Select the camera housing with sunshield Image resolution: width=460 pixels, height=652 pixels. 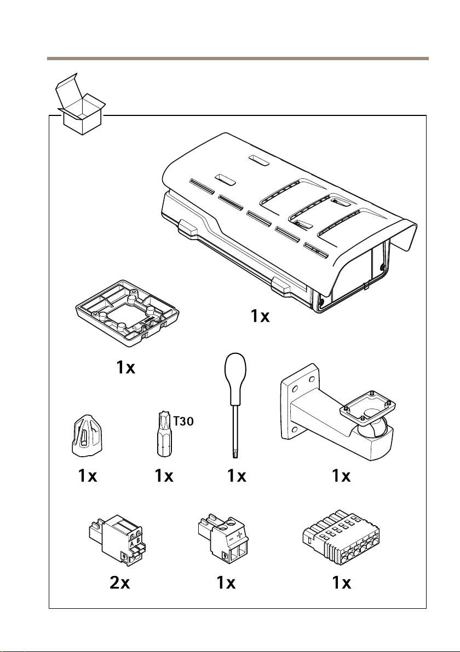coord(290,224)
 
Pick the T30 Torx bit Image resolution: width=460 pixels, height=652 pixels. coord(162,435)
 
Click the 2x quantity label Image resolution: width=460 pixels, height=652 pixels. coord(120,584)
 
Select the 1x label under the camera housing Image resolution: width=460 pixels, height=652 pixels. coord(260,316)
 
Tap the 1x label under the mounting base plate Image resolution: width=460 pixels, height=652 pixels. coord(125,369)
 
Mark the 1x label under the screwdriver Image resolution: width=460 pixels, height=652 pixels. coord(237,477)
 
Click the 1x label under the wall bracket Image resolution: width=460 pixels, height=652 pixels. coord(341,477)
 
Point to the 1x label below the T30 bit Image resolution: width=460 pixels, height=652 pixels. coord(164,477)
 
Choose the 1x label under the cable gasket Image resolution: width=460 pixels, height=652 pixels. coord(87,477)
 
